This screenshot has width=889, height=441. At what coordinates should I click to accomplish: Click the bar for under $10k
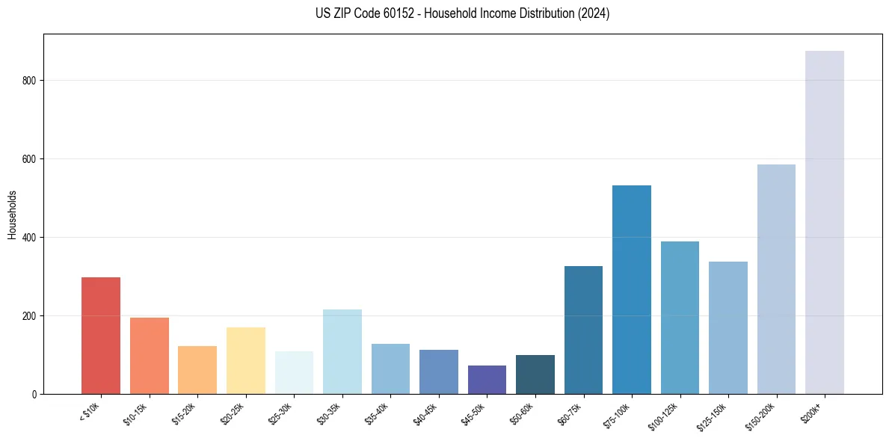pyautogui.click(x=101, y=336)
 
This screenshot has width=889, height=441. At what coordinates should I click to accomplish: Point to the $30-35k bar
pyautogui.click(x=342, y=351)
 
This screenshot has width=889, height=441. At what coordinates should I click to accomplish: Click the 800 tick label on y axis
pyautogui.click(x=30, y=81)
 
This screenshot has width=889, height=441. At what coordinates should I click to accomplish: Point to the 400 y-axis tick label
pyautogui.click(x=30, y=238)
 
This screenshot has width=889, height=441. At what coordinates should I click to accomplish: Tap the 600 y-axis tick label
pyautogui.click(x=30, y=159)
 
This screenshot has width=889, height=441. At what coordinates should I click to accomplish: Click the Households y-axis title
pyautogui.click(x=12, y=214)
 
